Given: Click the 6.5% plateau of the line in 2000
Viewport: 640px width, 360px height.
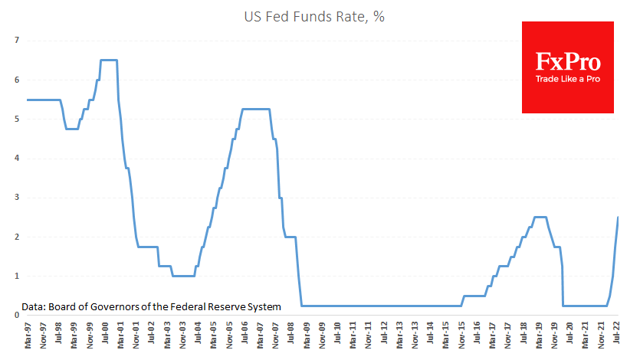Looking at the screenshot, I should pos(109,60).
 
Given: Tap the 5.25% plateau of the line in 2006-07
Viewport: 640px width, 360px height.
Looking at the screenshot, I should pos(256,109).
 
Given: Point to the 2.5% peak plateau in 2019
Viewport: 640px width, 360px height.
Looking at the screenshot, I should pos(540,217).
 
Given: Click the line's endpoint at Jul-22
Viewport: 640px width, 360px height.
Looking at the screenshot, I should pos(619,217).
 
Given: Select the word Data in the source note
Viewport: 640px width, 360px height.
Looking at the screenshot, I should pos(34,306).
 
